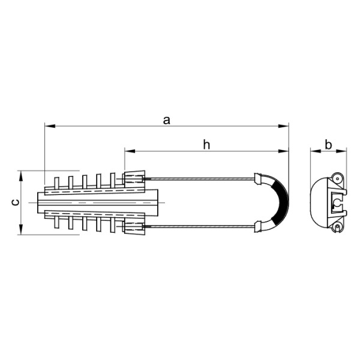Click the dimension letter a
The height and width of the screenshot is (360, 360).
coord(167,121)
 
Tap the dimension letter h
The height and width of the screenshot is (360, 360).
coord(206,144)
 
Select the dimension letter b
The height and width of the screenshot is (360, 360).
coord(328,145)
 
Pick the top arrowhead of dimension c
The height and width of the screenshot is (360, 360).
coord(22,174)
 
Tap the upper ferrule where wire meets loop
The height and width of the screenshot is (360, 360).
coord(258,179)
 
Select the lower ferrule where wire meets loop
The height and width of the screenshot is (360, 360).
coord(258,226)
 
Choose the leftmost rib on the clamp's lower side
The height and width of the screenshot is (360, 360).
coord(56,222)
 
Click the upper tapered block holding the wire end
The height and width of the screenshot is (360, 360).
coord(134,179)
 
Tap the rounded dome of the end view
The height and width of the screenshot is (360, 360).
coord(317,203)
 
